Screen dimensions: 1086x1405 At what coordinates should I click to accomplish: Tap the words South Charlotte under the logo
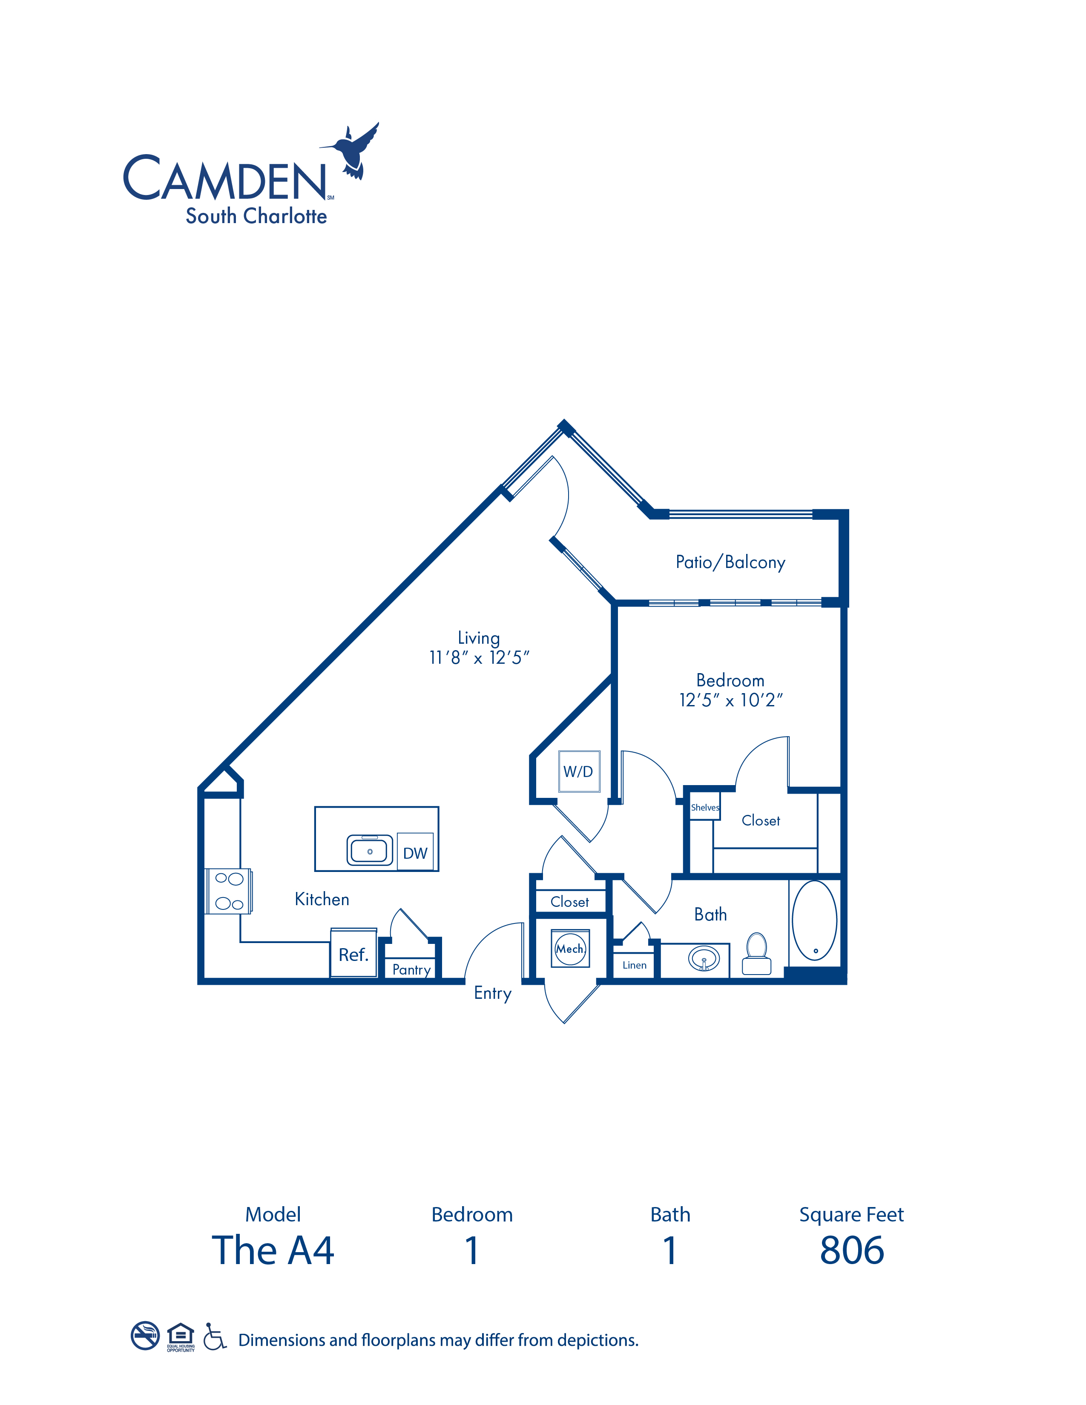(256, 216)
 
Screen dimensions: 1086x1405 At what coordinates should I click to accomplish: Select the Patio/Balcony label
(730, 562)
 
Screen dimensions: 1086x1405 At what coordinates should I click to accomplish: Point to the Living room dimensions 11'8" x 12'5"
(479, 657)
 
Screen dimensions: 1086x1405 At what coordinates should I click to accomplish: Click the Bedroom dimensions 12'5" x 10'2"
(731, 700)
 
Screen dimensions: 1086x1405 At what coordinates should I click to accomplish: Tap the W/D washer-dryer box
(579, 771)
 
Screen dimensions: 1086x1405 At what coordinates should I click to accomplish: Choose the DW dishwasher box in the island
(415, 852)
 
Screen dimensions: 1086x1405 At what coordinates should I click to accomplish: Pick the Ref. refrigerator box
(353, 953)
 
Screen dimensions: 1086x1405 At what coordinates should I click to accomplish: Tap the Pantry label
(412, 969)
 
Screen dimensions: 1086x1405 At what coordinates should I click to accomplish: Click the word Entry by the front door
(493, 993)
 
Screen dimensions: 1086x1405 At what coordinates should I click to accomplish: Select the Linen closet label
(635, 965)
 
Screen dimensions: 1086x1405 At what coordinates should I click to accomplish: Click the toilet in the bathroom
(757, 954)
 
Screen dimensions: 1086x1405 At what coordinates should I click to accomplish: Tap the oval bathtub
(814, 920)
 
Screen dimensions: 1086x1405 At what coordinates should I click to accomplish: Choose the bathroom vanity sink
(704, 958)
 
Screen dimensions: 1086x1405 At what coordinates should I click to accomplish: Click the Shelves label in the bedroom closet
(705, 807)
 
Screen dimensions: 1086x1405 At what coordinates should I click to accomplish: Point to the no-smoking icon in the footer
(145, 1336)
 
